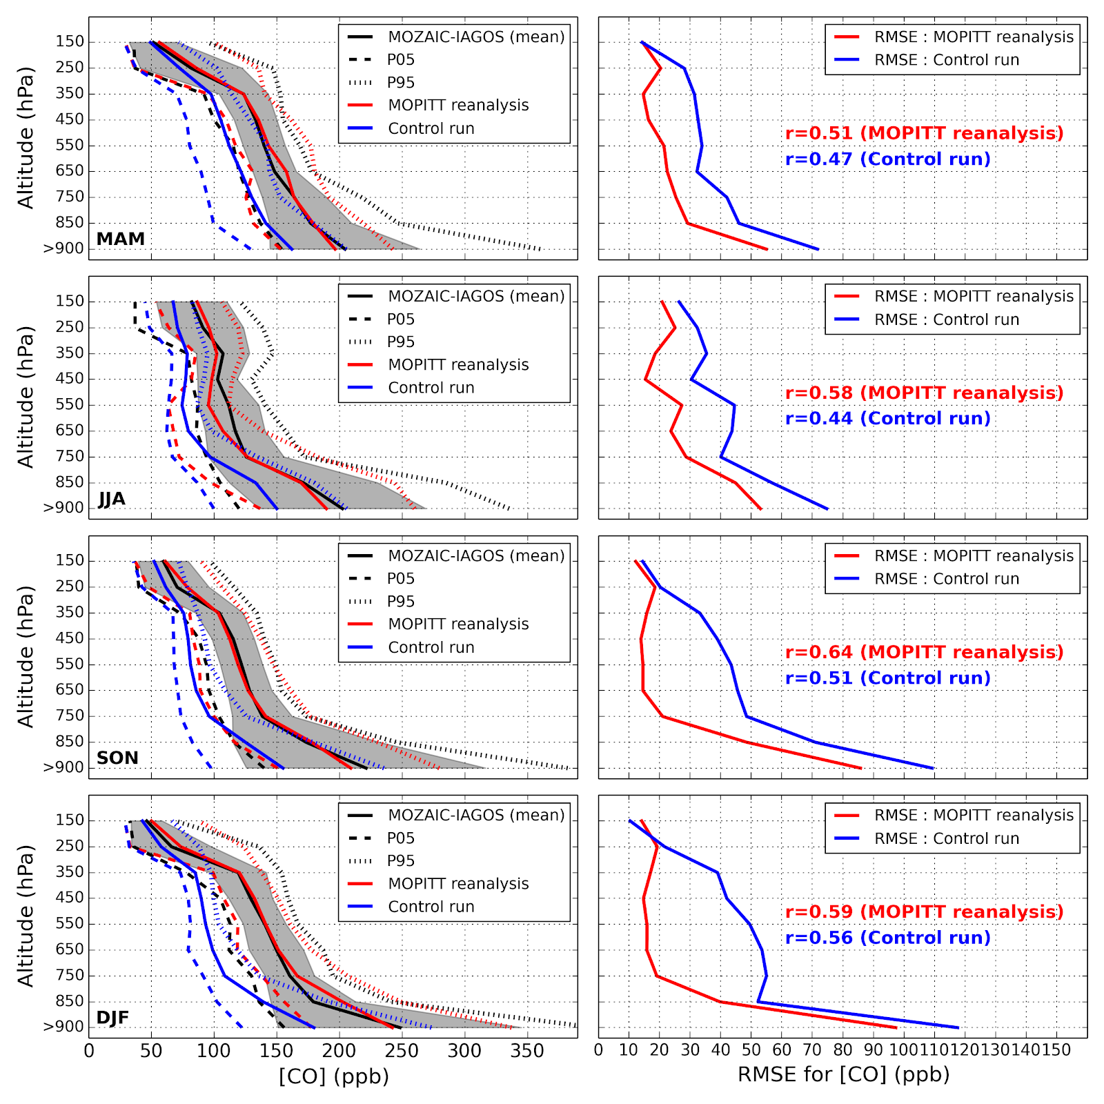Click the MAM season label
click(121, 239)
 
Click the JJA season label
click(112, 499)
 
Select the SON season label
click(117, 758)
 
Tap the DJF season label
click(112, 1018)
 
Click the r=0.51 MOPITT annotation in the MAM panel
click(925, 133)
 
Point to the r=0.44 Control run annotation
click(888, 419)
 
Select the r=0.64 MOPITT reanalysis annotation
click(925, 652)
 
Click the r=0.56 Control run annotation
click(888, 938)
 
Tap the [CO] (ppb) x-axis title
click(334, 1076)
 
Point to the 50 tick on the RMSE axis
click(751, 1051)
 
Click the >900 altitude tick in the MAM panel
click(63, 249)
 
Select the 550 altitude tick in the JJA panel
click(69, 404)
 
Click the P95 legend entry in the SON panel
click(400, 602)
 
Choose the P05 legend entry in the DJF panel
click(400, 838)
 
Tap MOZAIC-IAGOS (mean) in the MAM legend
click(476, 37)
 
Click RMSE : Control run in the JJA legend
click(947, 319)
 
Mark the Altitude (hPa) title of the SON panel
click(26, 657)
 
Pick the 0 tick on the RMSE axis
click(599, 1051)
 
